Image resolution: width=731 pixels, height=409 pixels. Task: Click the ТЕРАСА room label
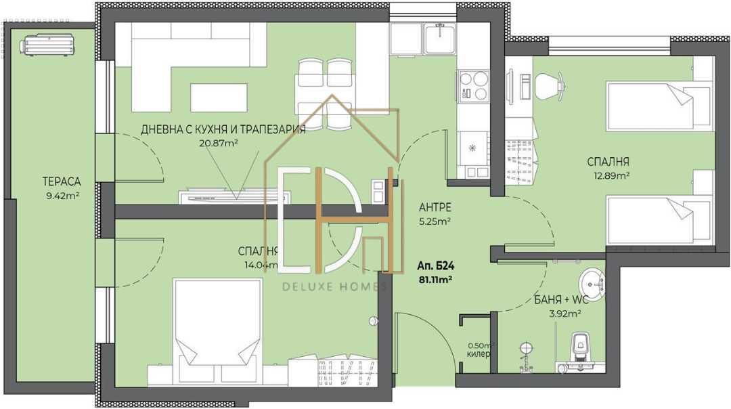[62, 181]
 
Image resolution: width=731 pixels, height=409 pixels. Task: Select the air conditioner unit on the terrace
[47, 45]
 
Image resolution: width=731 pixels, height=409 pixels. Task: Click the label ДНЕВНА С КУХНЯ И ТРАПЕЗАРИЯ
[223, 129]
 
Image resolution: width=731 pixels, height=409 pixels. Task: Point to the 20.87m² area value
[219, 144]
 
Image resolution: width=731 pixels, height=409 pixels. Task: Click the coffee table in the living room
[218, 98]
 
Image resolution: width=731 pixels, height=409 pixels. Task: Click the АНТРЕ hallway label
[435, 207]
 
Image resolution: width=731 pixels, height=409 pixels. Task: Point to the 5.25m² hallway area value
[435, 221]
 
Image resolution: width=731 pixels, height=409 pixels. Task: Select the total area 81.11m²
[436, 279]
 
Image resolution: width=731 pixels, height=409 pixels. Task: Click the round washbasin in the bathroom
[592, 280]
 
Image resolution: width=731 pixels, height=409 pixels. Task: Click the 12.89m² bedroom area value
[608, 175]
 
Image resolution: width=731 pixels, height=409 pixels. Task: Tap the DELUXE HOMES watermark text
[333, 286]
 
